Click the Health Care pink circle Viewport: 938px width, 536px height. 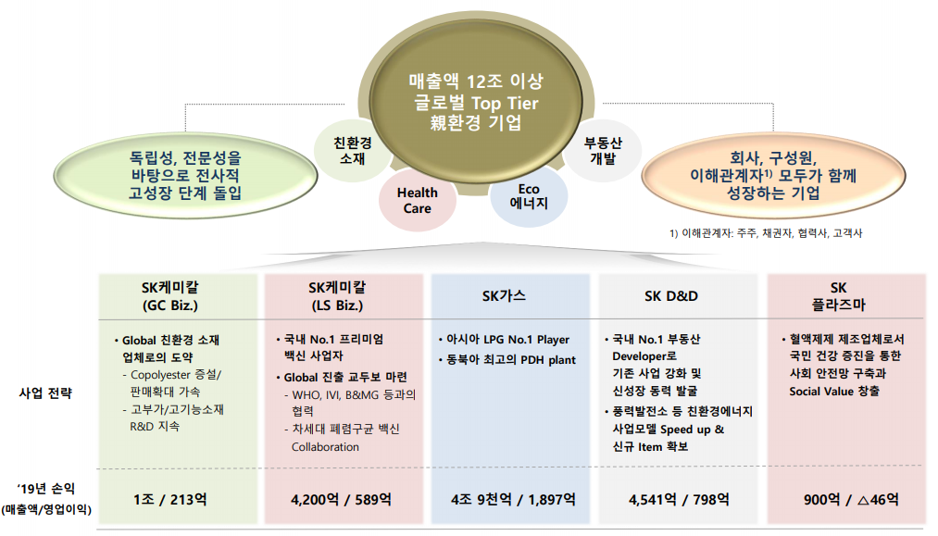click(418, 200)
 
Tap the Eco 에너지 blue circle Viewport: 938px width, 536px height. click(529, 196)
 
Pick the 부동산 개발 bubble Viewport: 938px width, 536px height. click(603, 150)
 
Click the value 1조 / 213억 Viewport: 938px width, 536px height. click(169, 500)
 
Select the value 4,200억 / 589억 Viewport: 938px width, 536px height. click(341, 500)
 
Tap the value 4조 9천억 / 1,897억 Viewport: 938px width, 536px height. click(513, 500)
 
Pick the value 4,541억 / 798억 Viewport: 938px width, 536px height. click(679, 500)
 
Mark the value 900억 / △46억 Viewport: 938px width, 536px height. click(851, 500)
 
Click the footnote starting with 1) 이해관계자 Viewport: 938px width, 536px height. click(766, 235)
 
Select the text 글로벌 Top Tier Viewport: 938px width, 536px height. click(476, 103)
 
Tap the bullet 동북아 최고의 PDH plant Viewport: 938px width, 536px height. click(509, 359)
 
